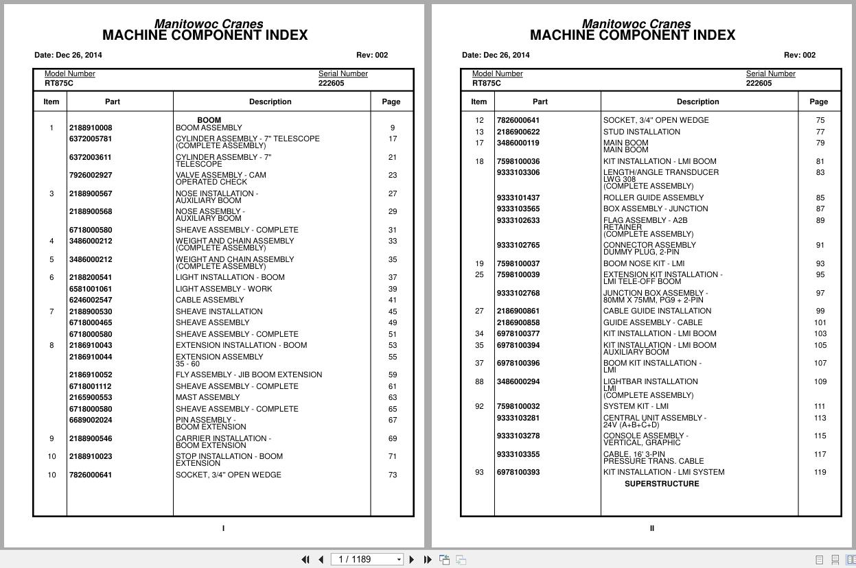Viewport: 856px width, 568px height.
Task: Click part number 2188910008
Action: click(x=90, y=128)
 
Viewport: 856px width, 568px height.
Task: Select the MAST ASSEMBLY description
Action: click(x=207, y=397)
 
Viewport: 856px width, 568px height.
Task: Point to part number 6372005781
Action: click(x=90, y=139)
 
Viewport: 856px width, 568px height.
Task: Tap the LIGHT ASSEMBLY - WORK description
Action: click(x=224, y=289)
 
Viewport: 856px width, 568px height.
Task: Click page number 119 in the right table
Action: click(x=820, y=472)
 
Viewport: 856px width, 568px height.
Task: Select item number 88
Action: click(x=479, y=381)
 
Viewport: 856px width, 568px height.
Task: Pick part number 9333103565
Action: click(x=518, y=209)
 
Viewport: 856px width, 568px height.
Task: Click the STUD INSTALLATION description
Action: click(x=642, y=132)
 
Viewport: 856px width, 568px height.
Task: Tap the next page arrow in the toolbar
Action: click(x=412, y=560)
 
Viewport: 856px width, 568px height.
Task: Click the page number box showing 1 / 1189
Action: click(x=367, y=560)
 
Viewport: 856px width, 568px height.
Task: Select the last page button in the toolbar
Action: click(x=428, y=560)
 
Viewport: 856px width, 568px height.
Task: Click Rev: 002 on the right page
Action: click(x=799, y=55)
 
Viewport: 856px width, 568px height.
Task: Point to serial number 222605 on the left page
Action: click(x=332, y=83)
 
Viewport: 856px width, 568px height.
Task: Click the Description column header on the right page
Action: click(x=697, y=102)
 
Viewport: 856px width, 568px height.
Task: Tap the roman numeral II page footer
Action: click(x=651, y=528)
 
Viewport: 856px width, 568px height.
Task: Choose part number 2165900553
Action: click(x=90, y=397)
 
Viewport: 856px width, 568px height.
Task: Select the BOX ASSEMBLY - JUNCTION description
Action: click(x=656, y=209)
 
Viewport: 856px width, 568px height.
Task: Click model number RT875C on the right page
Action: click(x=487, y=83)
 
